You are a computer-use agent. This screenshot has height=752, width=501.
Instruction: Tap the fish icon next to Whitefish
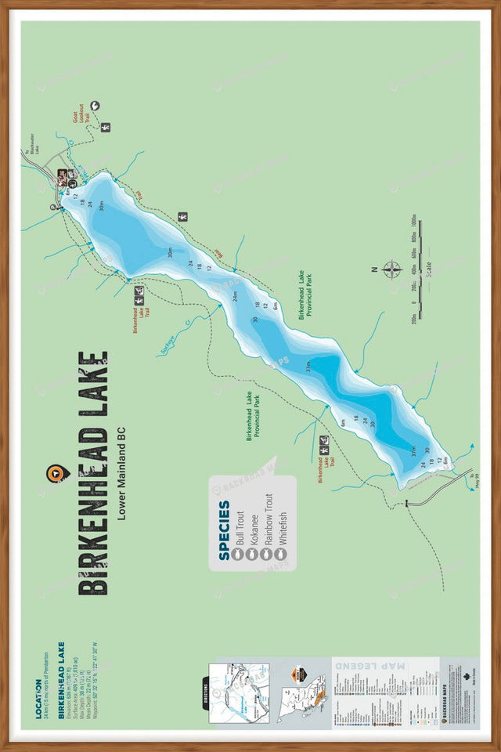(x=282, y=554)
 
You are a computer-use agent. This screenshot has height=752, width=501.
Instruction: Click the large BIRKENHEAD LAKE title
(x=93, y=473)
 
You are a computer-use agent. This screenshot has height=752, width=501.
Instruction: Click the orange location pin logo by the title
(x=56, y=473)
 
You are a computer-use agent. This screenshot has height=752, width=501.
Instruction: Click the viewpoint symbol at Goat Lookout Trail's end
(x=95, y=105)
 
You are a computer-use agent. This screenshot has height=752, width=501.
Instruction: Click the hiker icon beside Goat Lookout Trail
(x=106, y=127)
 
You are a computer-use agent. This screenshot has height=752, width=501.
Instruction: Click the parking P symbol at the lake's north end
(x=53, y=207)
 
